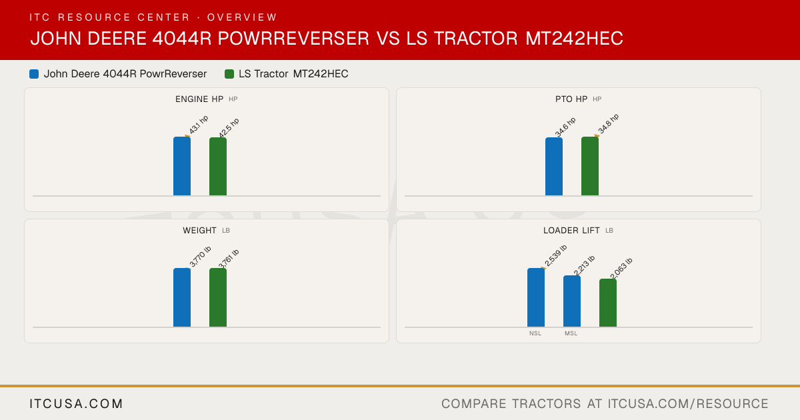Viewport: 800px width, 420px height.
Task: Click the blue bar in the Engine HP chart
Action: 182,166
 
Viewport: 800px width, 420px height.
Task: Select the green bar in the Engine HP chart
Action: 218,167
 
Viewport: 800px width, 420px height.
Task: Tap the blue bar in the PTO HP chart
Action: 554,167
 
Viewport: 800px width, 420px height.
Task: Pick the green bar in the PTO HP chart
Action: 590,166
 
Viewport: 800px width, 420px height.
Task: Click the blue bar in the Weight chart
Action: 182,297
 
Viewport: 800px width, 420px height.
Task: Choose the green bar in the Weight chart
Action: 218,297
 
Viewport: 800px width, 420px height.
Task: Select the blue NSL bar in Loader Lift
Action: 536,297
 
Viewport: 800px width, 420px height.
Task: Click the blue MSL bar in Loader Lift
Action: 572,301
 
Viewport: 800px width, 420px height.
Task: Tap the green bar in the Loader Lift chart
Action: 608,303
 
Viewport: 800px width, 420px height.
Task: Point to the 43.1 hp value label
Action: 199,125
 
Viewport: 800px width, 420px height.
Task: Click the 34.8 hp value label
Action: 609,123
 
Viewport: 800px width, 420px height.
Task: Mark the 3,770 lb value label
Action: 201,257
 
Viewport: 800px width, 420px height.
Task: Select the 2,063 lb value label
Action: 621,268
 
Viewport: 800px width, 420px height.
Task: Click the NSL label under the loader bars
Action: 535,333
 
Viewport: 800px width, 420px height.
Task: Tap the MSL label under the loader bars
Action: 571,333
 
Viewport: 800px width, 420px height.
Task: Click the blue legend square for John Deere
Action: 34,74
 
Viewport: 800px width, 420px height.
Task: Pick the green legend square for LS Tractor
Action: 229,74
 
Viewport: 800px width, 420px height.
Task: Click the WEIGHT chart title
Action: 199,231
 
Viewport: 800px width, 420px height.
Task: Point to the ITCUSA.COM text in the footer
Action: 76,403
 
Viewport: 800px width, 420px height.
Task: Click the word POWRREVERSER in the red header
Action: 293,38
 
